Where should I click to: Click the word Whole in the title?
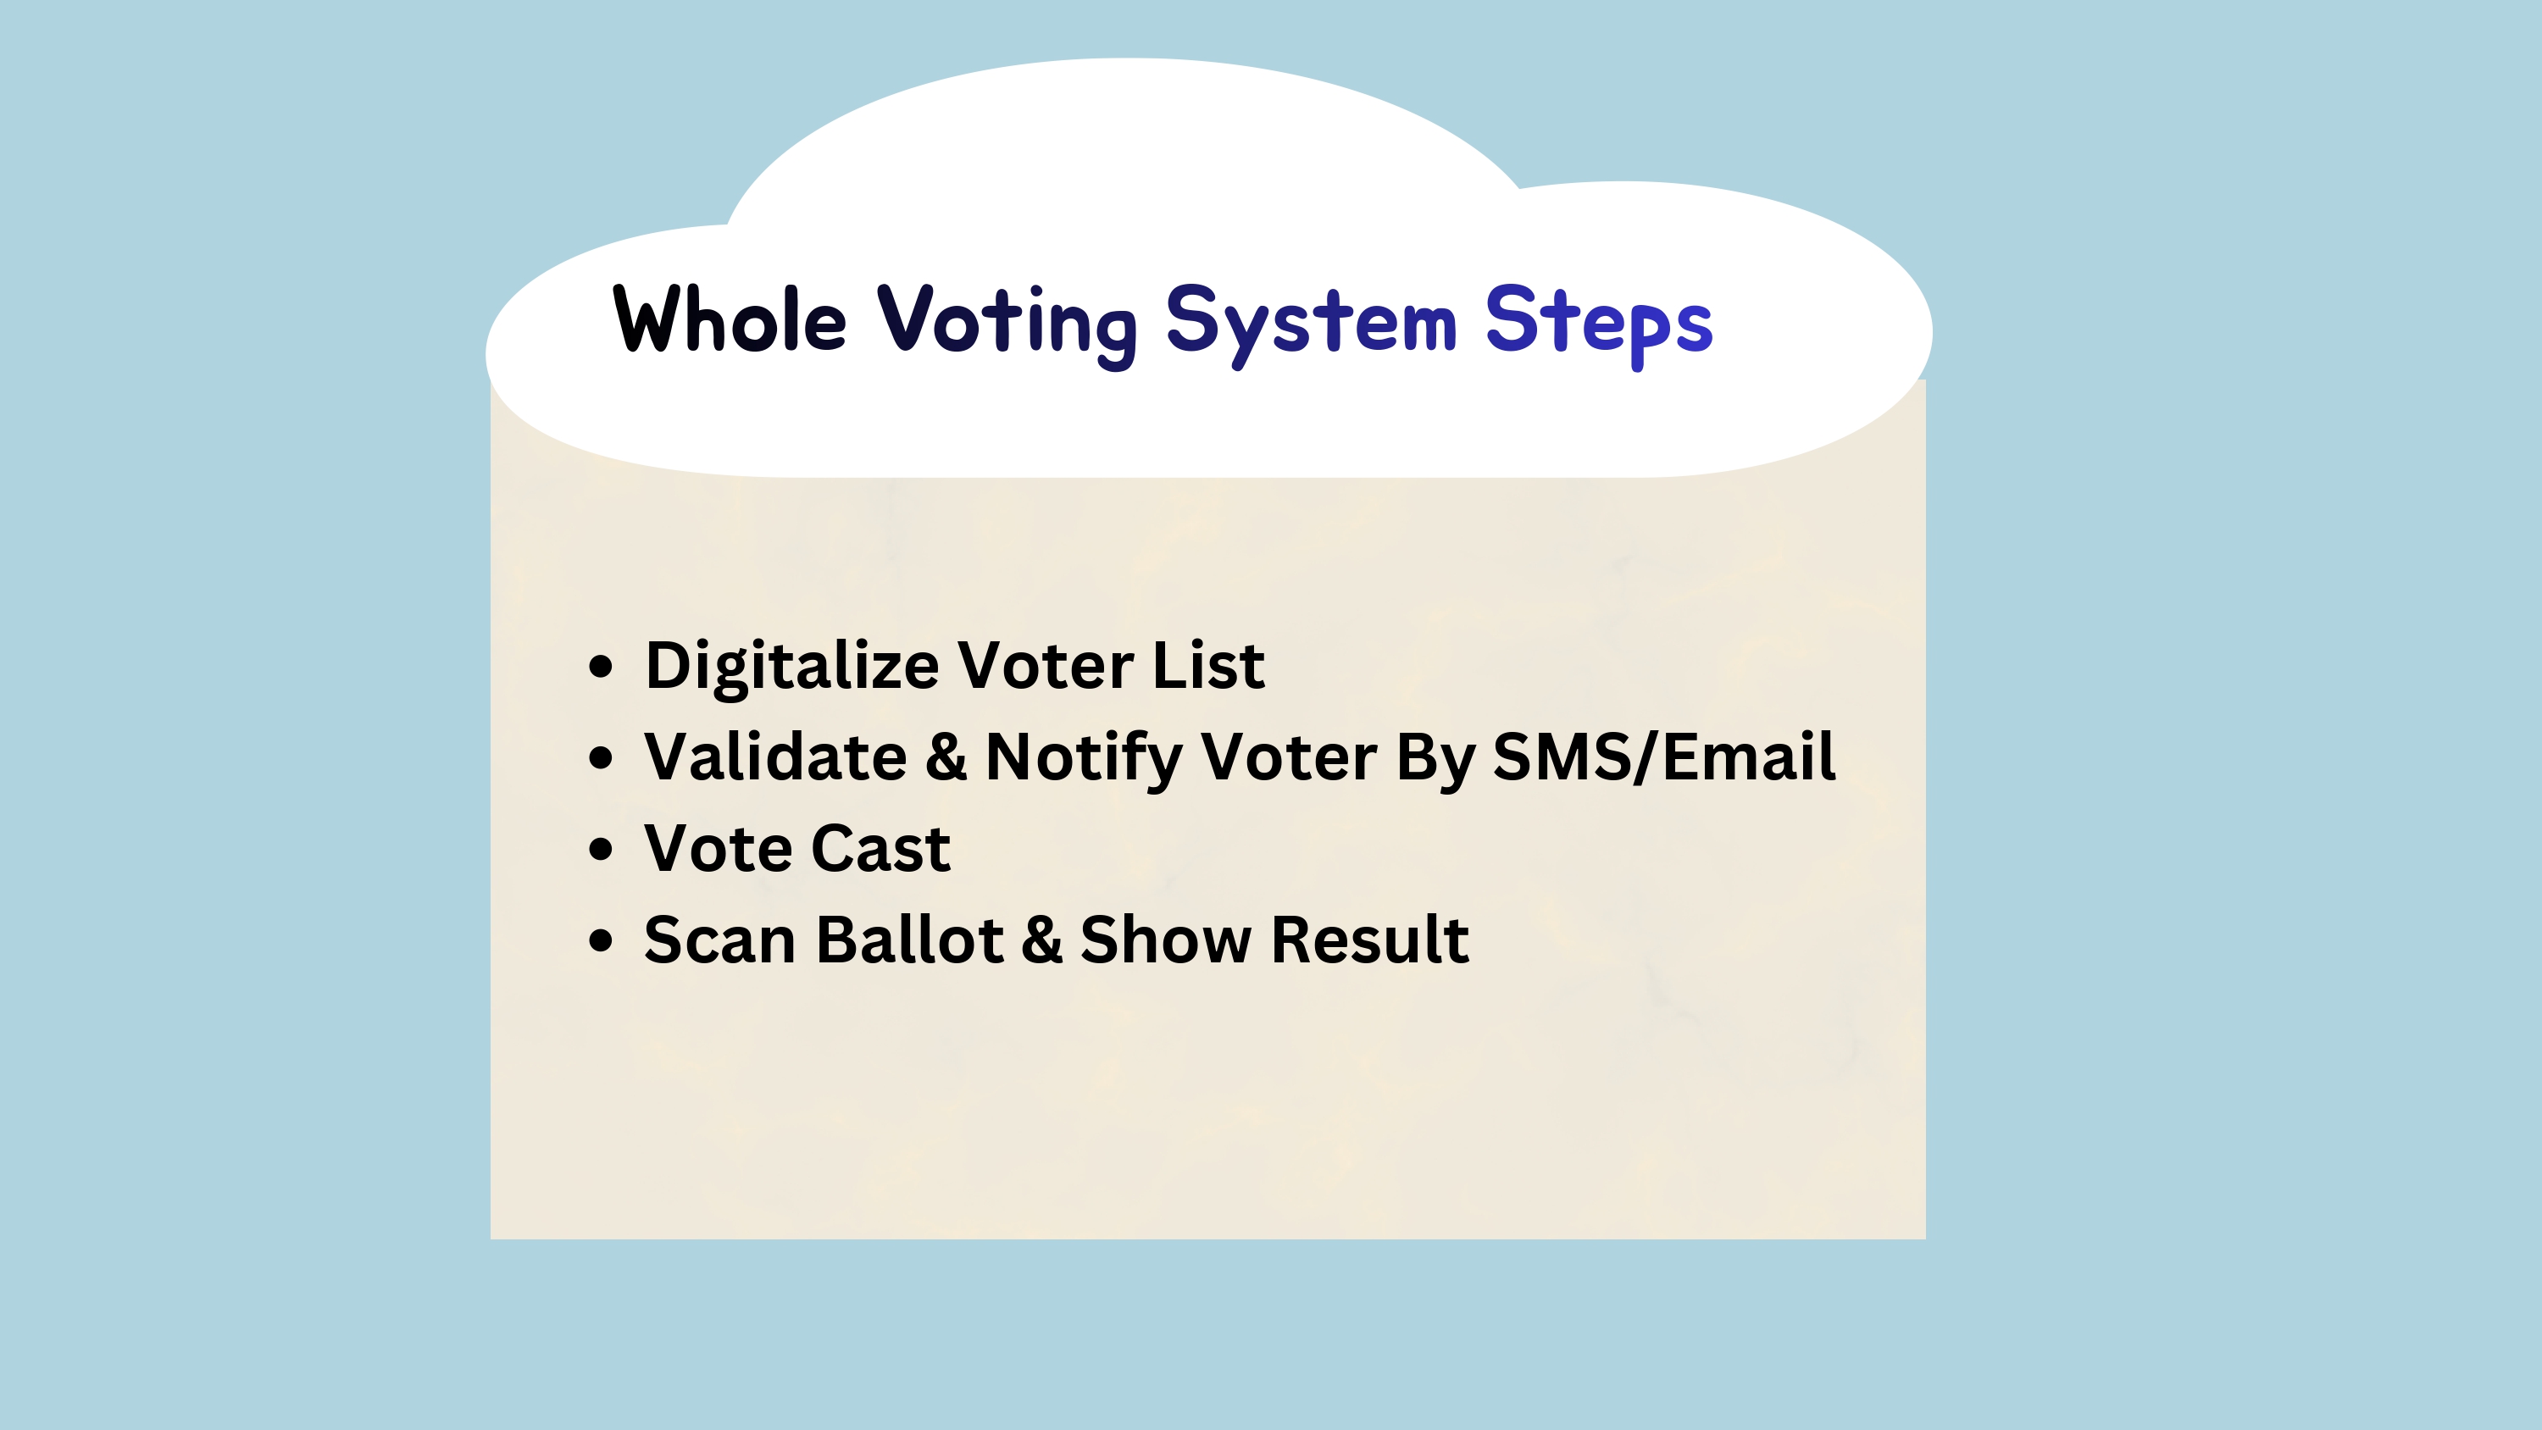(x=730, y=319)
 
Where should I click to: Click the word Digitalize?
(x=791, y=666)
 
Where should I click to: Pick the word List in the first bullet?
(x=1209, y=664)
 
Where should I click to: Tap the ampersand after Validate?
(x=946, y=757)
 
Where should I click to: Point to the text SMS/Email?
(x=1665, y=757)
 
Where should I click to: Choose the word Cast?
(x=881, y=848)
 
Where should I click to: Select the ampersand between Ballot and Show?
(x=1042, y=939)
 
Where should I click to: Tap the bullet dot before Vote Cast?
(x=601, y=849)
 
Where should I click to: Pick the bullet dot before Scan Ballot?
(x=601, y=939)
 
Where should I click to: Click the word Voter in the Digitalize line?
(x=1046, y=665)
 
